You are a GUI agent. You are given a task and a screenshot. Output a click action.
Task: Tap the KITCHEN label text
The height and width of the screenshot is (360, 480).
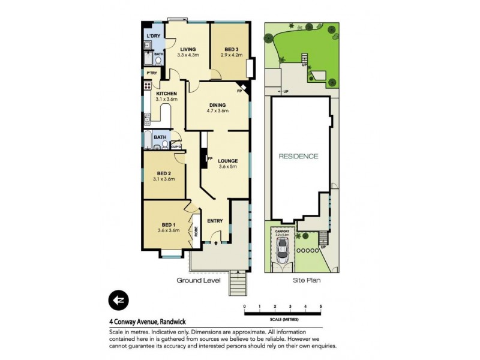pos(166,94)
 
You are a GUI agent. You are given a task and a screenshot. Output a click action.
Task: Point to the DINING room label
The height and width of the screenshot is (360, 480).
pos(217,105)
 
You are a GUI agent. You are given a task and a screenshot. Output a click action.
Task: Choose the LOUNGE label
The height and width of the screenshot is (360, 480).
pos(228,161)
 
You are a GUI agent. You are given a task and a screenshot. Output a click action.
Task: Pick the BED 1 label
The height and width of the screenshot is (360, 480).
pos(168,224)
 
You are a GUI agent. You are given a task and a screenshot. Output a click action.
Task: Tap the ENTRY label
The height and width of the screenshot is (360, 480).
pos(215,221)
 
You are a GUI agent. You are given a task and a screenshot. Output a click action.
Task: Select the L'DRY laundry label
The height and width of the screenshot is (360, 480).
pos(153,37)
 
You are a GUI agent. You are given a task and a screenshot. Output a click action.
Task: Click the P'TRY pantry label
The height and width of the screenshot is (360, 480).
pos(152,73)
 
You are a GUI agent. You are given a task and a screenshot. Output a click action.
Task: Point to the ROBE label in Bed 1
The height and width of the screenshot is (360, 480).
pos(196,231)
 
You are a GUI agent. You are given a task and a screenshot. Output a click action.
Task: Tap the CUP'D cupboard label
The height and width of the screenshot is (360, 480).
pos(176,146)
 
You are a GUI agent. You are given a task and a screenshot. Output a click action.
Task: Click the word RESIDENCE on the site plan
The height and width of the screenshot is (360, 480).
pos(298,156)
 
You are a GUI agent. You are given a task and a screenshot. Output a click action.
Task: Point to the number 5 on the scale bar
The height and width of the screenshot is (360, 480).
pos(321,307)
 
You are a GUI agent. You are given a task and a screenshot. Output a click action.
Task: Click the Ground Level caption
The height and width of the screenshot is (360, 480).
pos(198,280)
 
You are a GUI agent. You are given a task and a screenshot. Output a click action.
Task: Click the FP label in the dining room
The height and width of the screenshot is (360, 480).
pos(239,91)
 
